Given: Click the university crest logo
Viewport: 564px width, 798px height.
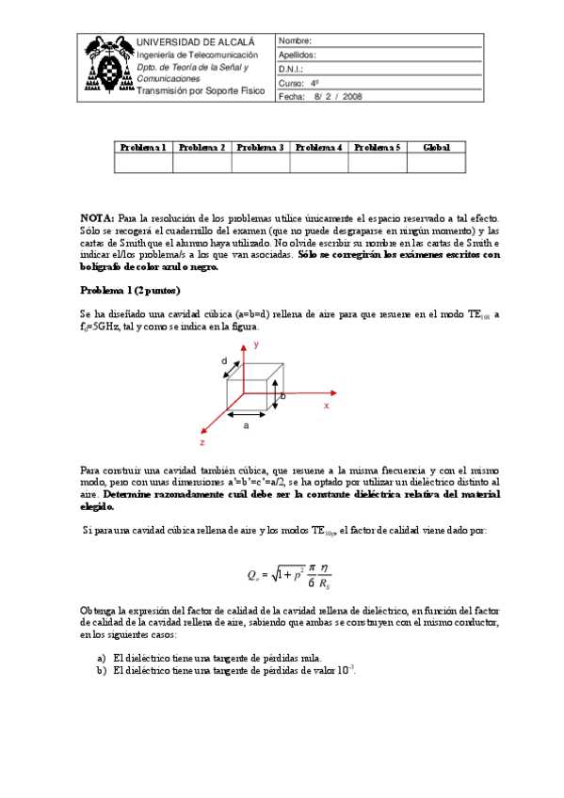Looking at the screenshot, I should (x=107, y=67).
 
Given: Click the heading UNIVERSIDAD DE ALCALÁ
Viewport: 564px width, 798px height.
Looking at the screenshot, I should (x=196, y=42).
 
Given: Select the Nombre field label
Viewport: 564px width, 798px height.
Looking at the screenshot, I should (x=295, y=42).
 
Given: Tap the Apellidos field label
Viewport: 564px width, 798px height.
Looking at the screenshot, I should (x=298, y=56).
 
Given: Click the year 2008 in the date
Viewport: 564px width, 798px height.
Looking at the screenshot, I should (x=352, y=96).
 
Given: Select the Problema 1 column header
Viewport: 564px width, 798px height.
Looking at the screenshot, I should (x=143, y=148).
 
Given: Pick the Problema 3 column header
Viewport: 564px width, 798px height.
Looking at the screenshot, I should (x=260, y=148).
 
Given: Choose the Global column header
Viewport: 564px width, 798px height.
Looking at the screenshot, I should (x=436, y=148).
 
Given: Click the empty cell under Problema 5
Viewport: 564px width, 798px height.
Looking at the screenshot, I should (x=377, y=164).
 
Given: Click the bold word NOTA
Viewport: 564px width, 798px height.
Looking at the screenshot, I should (x=97, y=217).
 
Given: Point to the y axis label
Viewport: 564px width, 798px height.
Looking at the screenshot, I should (x=255, y=346).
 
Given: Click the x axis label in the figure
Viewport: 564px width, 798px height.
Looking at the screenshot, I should (x=326, y=406).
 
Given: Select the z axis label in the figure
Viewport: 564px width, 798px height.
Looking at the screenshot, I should (x=201, y=441).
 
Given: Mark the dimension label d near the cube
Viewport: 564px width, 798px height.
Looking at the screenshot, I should (x=224, y=361).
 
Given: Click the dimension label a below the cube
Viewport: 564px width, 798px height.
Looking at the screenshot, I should (x=247, y=426).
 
